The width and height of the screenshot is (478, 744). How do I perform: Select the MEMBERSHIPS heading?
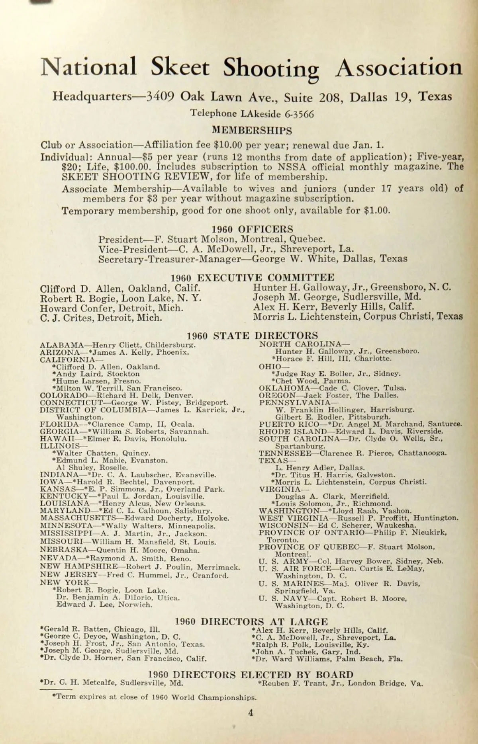[x=252, y=130]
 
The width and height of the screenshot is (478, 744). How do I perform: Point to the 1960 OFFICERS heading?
[x=252, y=229]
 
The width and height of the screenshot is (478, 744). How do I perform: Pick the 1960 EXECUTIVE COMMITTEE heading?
[x=253, y=277]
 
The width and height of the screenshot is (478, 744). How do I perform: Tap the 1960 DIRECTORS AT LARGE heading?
[x=252, y=621]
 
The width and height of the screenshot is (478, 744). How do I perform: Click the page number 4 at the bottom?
[x=251, y=713]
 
